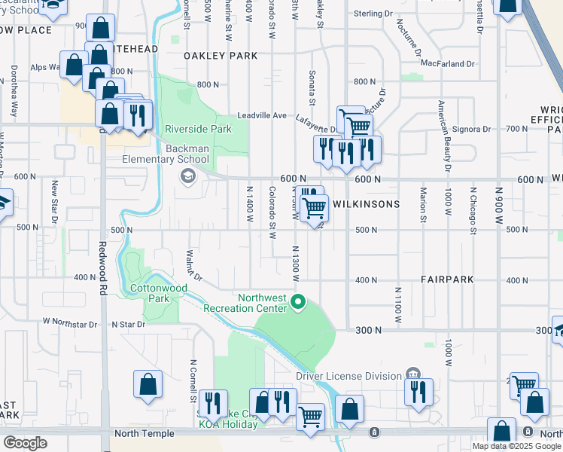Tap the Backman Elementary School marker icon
(x=187, y=176)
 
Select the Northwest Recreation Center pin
(x=299, y=303)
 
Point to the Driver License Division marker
(x=412, y=374)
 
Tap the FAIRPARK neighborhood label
(x=447, y=279)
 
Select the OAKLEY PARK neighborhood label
(x=221, y=56)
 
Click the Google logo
(x=26, y=442)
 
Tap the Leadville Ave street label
(x=262, y=115)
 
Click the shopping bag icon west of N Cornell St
(x=148, y=383)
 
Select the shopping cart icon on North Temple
(x=310, y=416)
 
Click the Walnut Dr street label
(x=194, y=265)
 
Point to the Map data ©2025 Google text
(x=516, y=446)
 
